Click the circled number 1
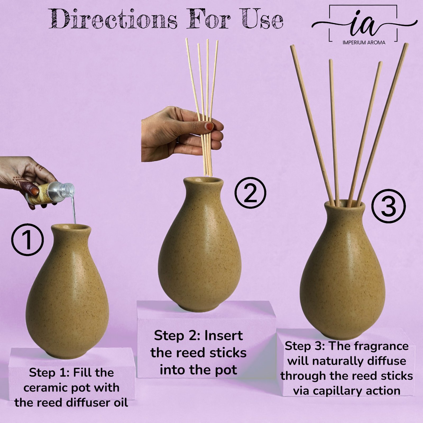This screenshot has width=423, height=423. coord(27,240)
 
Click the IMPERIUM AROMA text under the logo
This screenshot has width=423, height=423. coord(364,42)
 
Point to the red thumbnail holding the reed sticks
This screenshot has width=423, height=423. coord(210,126)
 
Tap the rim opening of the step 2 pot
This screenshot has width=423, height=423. coord(203,181)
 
